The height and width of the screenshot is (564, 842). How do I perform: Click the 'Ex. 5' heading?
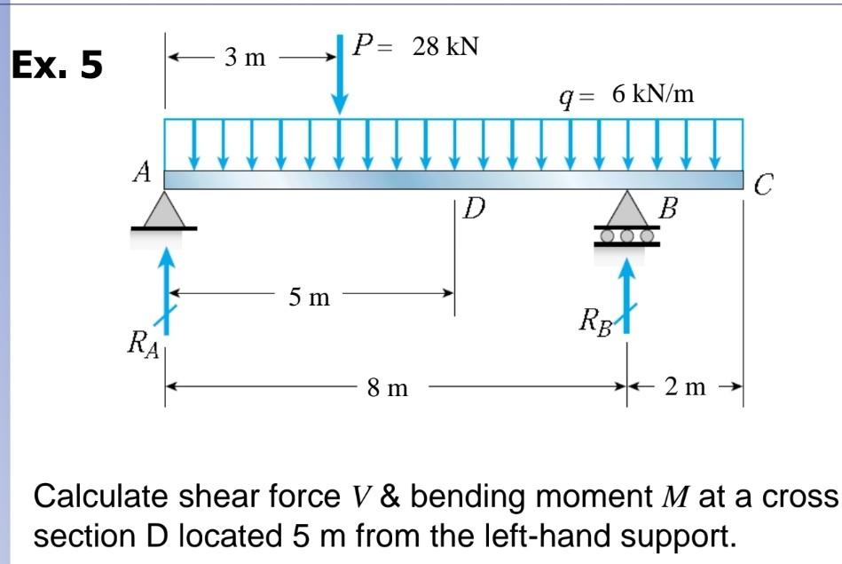(56, 66)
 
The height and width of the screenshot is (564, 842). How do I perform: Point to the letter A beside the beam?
(141, 173)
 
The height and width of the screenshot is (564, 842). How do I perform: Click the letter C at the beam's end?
(765, 186)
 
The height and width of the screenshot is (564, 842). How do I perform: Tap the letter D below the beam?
(476, 210)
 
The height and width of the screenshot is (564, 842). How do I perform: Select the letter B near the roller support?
(669, 211)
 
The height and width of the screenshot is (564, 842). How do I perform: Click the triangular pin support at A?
(164, 211)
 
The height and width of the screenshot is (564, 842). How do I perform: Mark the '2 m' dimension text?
(685, 387)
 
